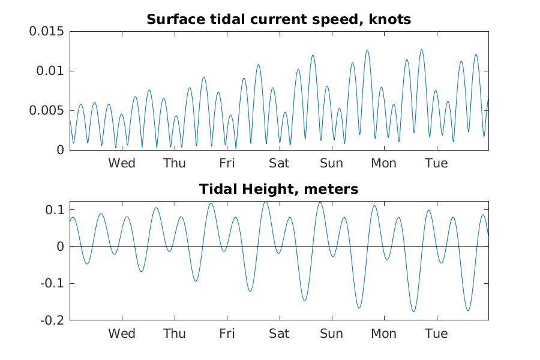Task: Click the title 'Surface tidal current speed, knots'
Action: click(278, 19)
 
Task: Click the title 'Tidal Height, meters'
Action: click(278, 189)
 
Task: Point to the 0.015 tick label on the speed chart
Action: click(46, 31)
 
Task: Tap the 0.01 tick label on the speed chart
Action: click(50, 71)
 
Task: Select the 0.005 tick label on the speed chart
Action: click(46, 110)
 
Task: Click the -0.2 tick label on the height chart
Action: click(52, 320)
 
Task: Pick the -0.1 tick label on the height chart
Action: click(52, 284)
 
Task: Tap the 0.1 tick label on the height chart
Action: click(55, 210)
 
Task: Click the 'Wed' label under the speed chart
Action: click(122, 163)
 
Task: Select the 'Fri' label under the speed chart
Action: click(227, 163)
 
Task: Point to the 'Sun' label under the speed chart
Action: click(332, 163)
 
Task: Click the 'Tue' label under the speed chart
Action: click(436, 163)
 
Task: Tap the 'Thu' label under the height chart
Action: click(175, 334)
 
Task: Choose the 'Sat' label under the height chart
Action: click(279, 334)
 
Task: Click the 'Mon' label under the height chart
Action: click(384, 334)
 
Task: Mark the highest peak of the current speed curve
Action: click(422, 50)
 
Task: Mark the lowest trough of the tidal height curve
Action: click(413, 312)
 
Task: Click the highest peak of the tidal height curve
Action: click(266, 202)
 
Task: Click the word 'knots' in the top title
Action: click(390, 19)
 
